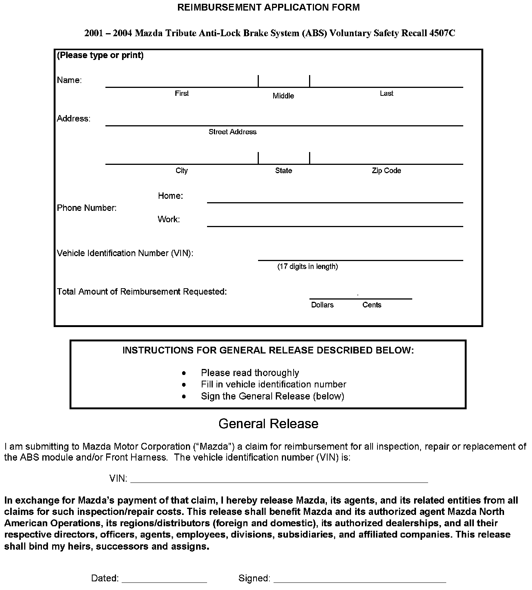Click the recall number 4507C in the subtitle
coord(442,33)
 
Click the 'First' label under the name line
coord(182,93)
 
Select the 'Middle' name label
coord(283,96)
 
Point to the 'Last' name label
coord(387,93)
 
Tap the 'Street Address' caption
coord(232,132)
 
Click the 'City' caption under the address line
coord(182,171)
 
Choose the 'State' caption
coord(283,171)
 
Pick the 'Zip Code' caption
coord(386,171)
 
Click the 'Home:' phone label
coord(170,196)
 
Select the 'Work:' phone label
coord(169,219)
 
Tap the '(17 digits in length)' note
coord(308,266)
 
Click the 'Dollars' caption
coord(322,305)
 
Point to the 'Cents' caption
coord(372,305)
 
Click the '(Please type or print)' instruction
coord(100,55)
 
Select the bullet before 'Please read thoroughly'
coord(184,373)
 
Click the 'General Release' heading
coord(268,424)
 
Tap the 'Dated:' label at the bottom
coord(105,578)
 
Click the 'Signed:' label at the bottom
coord(254,578)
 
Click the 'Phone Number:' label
coord(87,208)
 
